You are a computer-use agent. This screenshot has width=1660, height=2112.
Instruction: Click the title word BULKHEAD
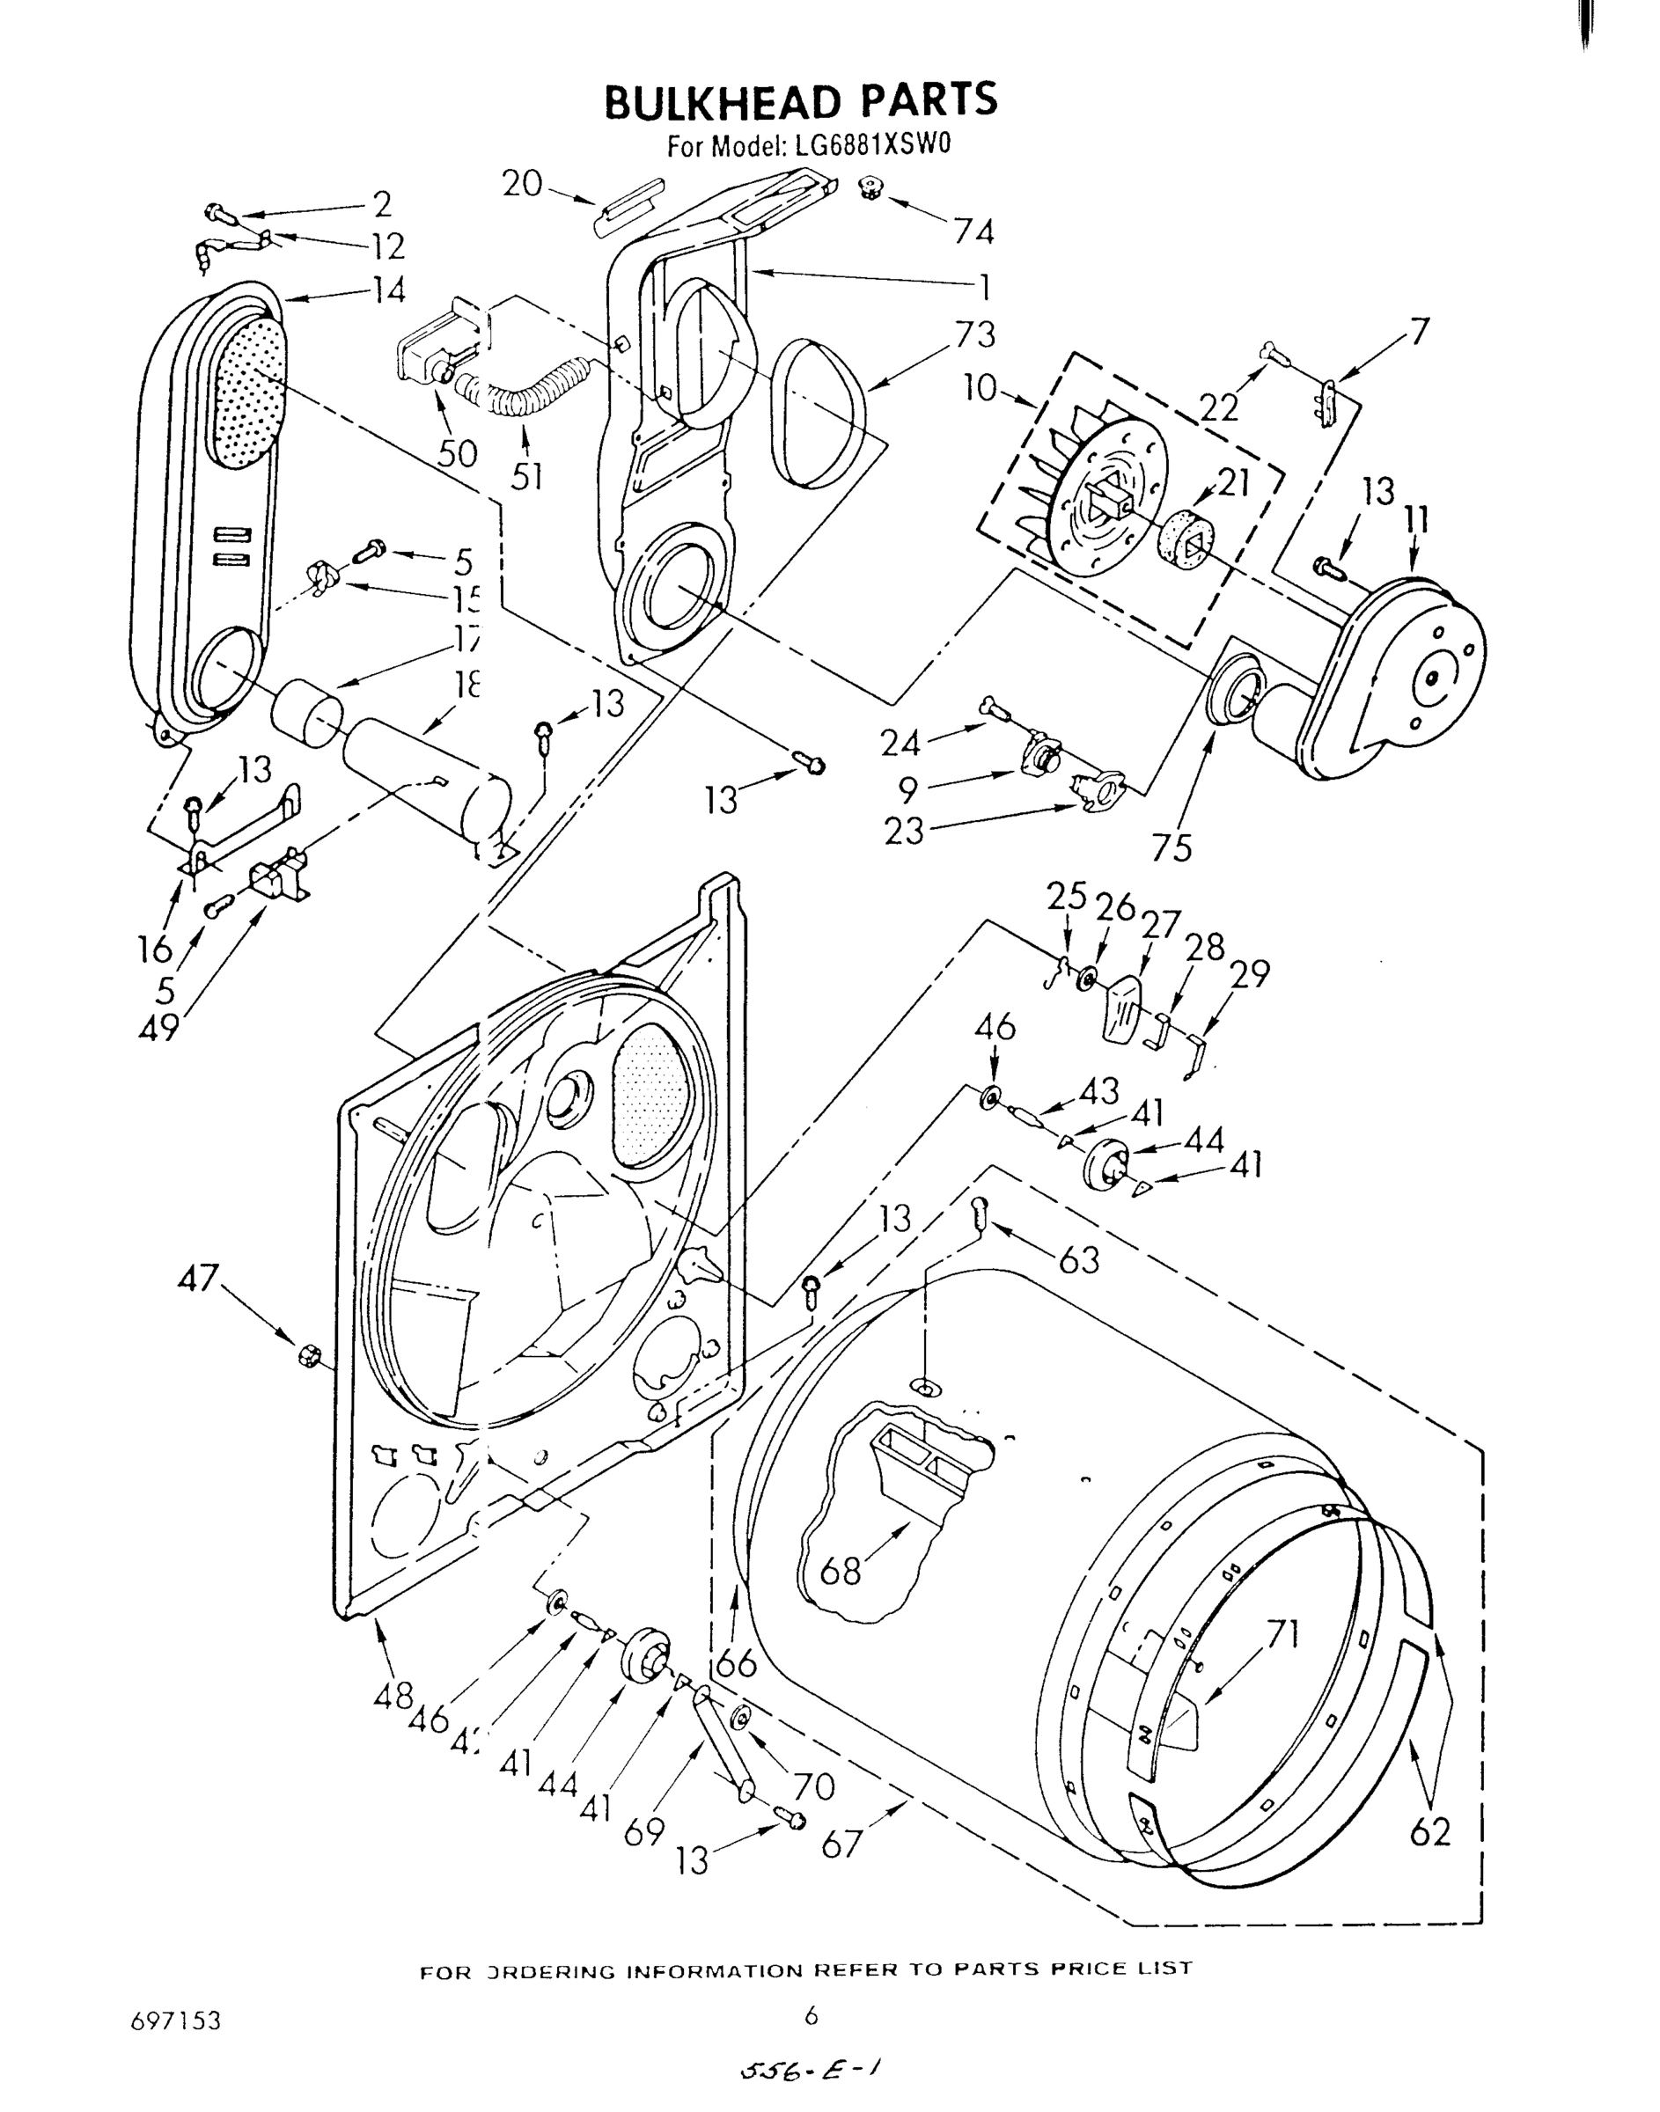[x=718, y=101]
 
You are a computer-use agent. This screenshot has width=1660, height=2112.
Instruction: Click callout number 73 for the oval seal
[x=975, y=334]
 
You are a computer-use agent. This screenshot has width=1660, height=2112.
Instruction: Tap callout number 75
[x=1172, y=848]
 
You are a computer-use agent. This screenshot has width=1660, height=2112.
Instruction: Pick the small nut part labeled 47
[x=308, y=1353]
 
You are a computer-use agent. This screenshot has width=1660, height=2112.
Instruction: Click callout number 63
[x=1079, y=1261]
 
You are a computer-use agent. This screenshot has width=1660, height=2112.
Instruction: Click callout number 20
[x=522, y=183]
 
